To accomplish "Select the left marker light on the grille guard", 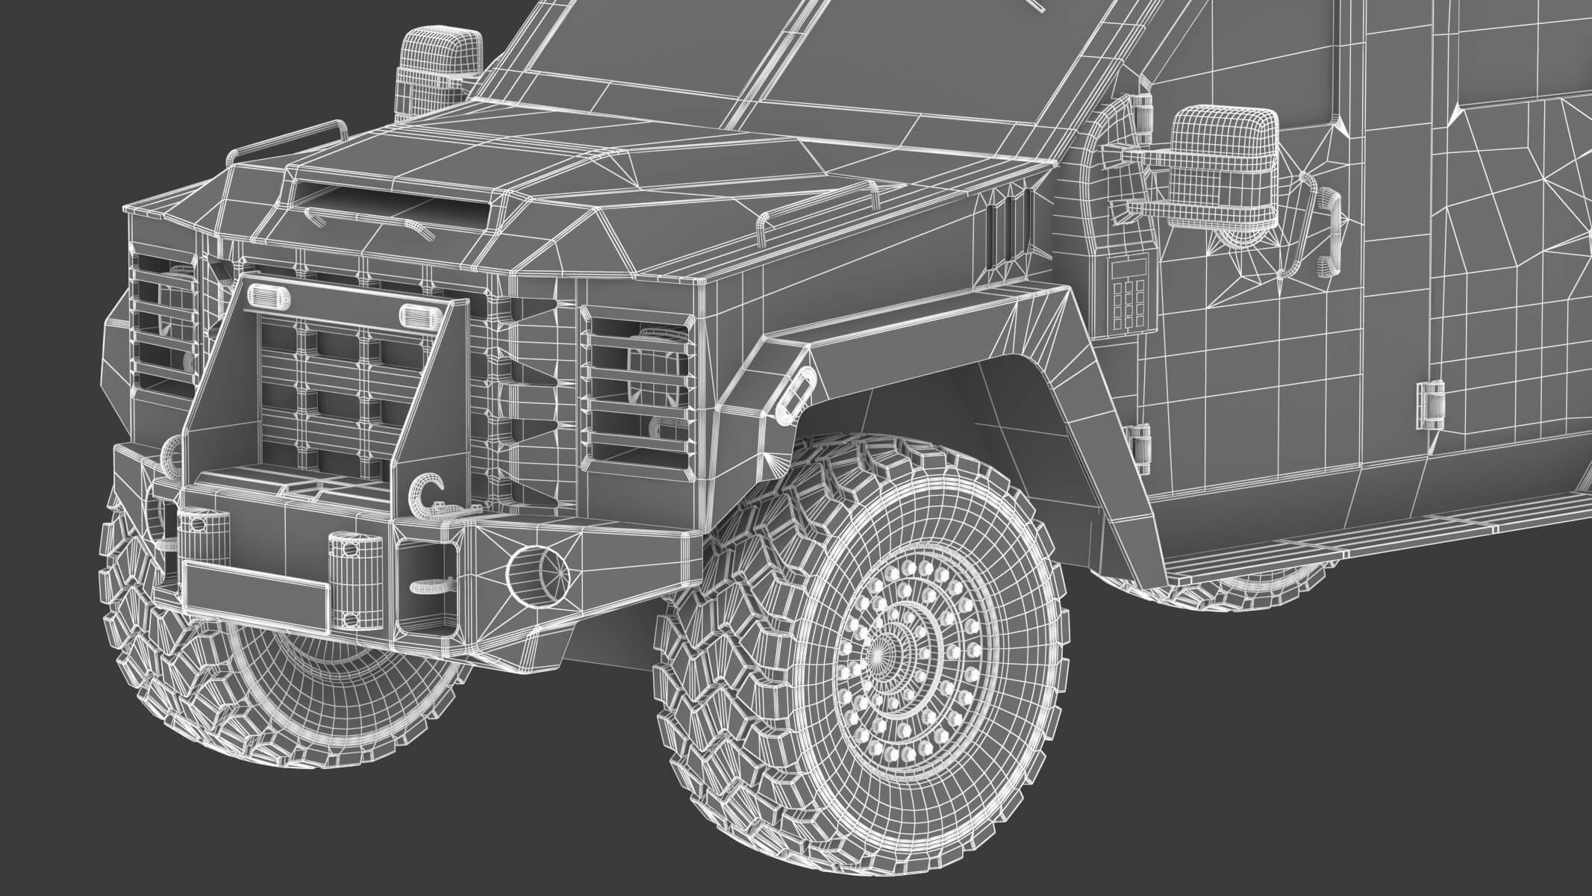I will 267,296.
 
